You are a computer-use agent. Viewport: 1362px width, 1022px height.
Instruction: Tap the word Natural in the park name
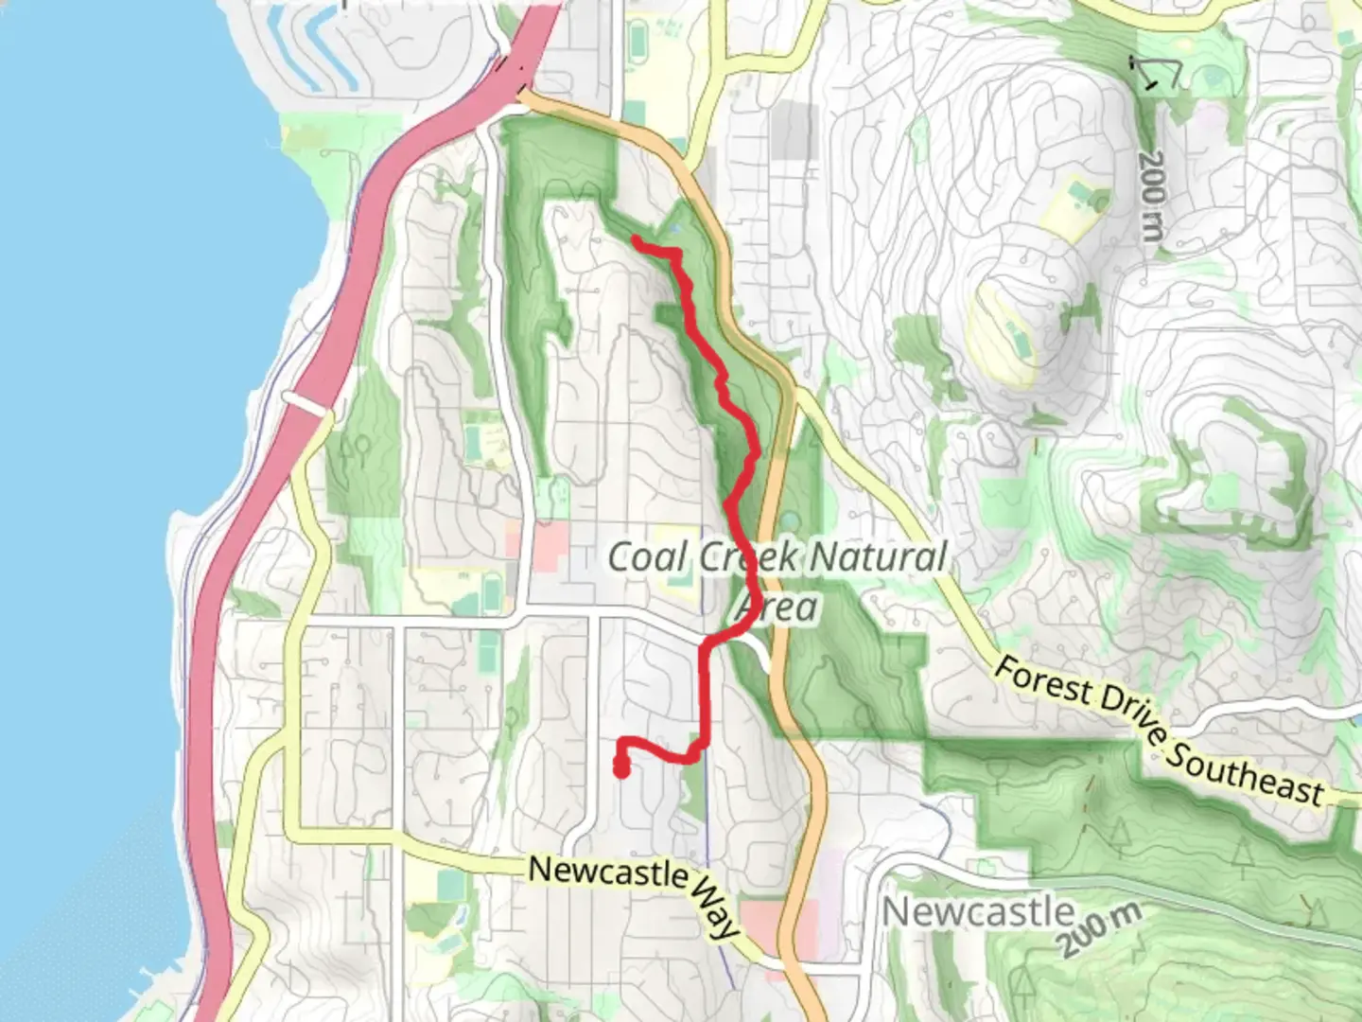pyautogui.click(x=878, y=556)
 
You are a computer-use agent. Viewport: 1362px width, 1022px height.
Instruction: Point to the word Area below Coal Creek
pyautogui.click(x=777, y=606)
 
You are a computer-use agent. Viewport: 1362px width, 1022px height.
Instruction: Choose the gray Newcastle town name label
pyautogui.click(x=978, y=912)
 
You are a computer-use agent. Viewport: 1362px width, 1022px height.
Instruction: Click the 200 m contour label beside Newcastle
pyautogui.click(x=1099, y=929)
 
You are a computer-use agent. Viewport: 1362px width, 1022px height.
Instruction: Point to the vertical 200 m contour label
pyautogui.click(x=1150, y=195)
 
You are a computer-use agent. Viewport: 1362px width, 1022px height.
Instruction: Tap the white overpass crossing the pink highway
pyautogui.click(x=307, y=405)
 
